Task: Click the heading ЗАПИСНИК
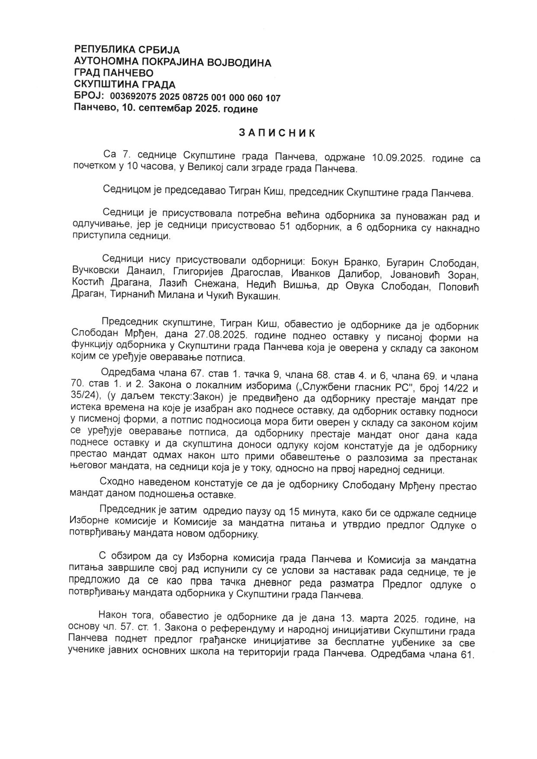point(277,133)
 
